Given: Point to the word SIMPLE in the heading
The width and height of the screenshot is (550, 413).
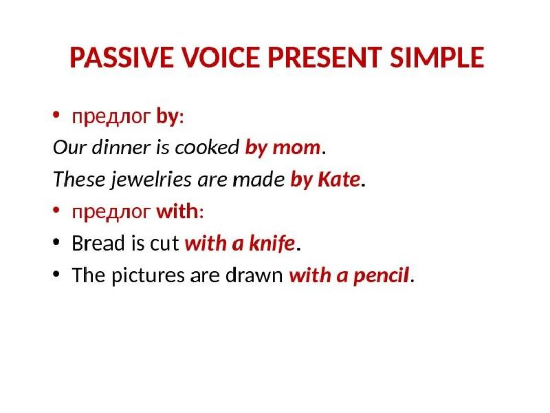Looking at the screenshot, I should coord(437,59).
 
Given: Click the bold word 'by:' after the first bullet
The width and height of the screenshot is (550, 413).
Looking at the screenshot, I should coord(170,117).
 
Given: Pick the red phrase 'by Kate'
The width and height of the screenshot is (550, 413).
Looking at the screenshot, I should coord(325,180).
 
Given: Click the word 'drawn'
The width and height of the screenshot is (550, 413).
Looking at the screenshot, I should coord(264,276).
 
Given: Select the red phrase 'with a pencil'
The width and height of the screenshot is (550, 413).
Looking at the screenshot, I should coord(349,276).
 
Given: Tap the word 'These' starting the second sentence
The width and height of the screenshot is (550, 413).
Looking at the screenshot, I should coord(70,180).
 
